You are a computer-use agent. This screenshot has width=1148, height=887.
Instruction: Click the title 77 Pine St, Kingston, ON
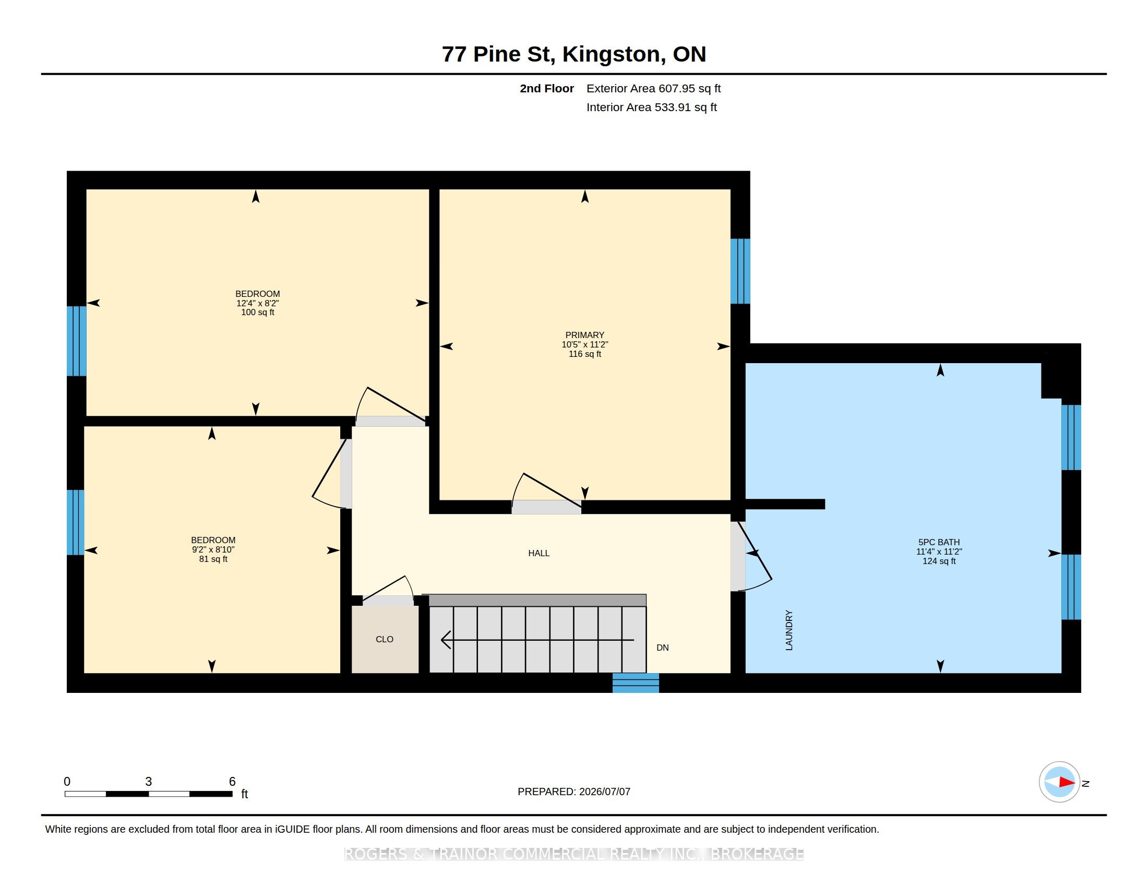pyautogui.click(x=573, y=54)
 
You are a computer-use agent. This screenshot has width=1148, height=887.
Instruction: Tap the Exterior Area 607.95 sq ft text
pyautogui.click(x=653, y=88)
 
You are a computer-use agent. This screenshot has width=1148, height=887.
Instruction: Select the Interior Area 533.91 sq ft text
pyautogui.click(x=651, y=107)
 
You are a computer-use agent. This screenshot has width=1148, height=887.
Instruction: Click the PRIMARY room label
pyautogui.click(x=584, y=335)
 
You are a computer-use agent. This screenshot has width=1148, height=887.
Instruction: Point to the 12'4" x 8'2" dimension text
pyautogui.click(x=258, y=303)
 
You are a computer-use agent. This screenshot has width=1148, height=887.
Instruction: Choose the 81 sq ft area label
pyautogui.click(x=213, y=559)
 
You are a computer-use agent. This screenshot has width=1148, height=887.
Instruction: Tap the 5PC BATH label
pyautogui.click(x=939, y=542)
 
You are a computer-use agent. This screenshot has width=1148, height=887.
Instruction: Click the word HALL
pyautogui.click(x=539, y=553)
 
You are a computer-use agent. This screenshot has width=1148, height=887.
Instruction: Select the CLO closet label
pyautogui.click(x=384, y=640)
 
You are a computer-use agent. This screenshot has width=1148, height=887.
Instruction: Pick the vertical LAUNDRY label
pyautogui.click(x=789, y=630)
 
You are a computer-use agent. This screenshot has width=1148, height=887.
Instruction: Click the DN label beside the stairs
pyautogui.click(x=662, y=648)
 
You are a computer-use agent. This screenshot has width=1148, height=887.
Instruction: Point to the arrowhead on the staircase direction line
pyautogui.click(x=446, y=640)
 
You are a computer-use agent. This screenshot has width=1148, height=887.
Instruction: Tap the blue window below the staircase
pyautogui.click(x=636, y=683)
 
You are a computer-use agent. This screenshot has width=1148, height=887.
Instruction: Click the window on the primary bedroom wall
pyautogui.click(x=740, y=271)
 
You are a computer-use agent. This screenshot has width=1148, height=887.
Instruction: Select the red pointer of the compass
pyautogui.click(x=1067, y=783)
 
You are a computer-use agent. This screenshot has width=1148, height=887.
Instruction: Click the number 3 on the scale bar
pyautogui.click(x=149, y=782)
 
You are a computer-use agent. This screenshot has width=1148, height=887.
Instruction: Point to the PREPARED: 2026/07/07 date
pyautogui.click(x=573, y=792)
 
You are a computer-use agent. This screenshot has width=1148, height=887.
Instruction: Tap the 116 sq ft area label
pyautogui.click(x=584, y=354)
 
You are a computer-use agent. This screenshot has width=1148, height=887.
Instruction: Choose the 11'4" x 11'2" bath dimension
pyautogui.click(x=939, y=552)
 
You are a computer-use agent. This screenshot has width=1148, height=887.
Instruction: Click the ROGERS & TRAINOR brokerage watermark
pyautogui.click(x=573, y=855)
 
